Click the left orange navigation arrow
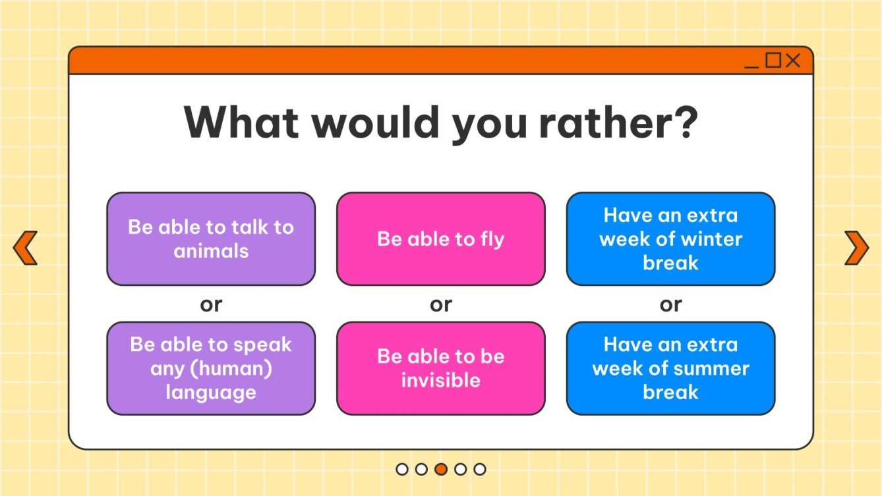point(25,248)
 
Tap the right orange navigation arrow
point(856,248)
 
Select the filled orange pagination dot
point(441,469)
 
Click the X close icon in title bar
point(793,61)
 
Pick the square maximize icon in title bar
point(773,61)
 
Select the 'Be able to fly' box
point(440,238)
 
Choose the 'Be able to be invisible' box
point(440,368)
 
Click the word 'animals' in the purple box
point(211,251)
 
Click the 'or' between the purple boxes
point(211,304)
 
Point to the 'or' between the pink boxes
point(440,304)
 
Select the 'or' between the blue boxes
point(670,304)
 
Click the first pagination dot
point(402,469)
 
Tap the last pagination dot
point(480,469)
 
